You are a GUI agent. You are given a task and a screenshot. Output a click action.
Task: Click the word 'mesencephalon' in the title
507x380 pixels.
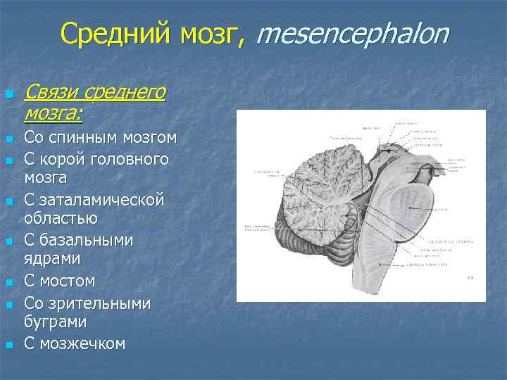[351, 33]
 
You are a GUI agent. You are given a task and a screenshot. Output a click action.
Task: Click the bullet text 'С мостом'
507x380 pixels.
[59, 281]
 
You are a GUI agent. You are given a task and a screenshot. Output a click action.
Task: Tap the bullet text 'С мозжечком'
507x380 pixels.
[74, 344]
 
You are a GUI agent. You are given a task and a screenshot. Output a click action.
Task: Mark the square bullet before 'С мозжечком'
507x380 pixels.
[8, 345]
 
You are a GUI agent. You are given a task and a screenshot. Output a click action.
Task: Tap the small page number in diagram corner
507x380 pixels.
[470, 277]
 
